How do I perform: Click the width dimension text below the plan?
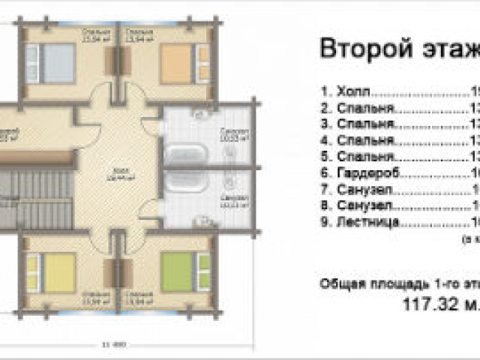coord(108,345)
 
